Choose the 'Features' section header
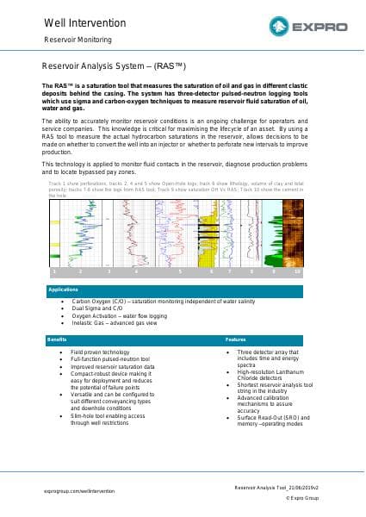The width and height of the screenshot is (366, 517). pos(236,339)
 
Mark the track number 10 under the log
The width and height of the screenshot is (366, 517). pos(297,271)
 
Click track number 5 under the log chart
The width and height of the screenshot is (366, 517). pos(180,271)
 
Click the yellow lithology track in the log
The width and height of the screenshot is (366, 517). pos(207,246)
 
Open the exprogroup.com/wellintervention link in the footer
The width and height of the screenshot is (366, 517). pos(78,490)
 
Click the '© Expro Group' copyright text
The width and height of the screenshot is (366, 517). pos(302,498)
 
